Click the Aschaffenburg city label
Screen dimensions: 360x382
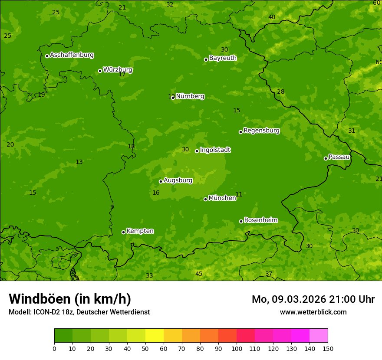coord(72,55)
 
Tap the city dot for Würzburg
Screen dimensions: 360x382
coord(100,71)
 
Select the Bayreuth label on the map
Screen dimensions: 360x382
coord(223,58)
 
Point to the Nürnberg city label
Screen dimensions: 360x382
coord(190,96)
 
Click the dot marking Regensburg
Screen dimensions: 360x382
coord(240,132)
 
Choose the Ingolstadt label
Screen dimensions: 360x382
coord(215,150)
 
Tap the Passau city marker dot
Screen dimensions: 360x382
coord(326,158)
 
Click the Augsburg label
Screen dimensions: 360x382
coord(178,180)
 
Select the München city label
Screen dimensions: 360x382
coord(222,198)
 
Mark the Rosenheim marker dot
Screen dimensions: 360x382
coord(241,222)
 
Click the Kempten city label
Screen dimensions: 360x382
coord(140,231)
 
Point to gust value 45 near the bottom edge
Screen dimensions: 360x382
coord(199,274)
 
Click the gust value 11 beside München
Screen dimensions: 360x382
coord(239,194)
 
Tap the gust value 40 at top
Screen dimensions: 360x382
coord(272,17)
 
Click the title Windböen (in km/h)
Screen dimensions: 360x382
coord(69,299)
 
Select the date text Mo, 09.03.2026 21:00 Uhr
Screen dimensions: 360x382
coord(313,299)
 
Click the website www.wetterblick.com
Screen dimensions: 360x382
coord(313,312)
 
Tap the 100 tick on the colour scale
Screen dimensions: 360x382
coord(237,348)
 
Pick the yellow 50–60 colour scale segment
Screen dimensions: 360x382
coord(155,336)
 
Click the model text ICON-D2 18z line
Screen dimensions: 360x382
coord(79,312)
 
